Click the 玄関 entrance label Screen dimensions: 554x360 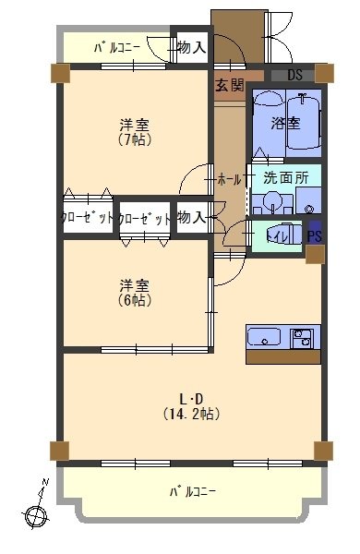pyautogui.click(x=230, y=86)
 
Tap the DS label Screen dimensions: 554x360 pyautogui.click(x=295, y=75)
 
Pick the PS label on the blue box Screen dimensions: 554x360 pyautogui.click(x=315, y=236)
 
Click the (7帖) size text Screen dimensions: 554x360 pyautogui.click(x=135, y=140)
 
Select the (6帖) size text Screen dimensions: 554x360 pyautogui.click(x=135, y=301)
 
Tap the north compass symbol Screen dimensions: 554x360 pyautogui.click(x=39, y=509)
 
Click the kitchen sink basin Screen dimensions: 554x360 pyautogui.click(x=265, y=338)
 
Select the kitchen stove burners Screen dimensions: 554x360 pyautogui.click(x=302, y=338)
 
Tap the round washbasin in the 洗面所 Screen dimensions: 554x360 pyautogui.click(x=272, y=202)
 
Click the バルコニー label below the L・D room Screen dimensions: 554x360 pyautogui.click(x=192, y=491)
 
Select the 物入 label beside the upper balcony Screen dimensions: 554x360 pyautogui.click(x=190, y=47)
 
